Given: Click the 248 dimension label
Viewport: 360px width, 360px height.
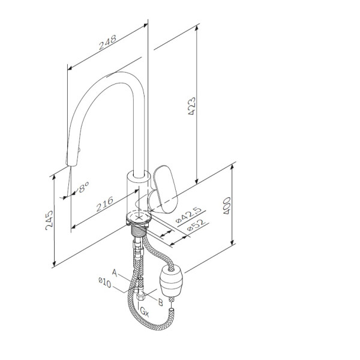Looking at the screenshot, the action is click(107, 43).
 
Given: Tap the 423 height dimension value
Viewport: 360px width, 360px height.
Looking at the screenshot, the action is click(192, 106).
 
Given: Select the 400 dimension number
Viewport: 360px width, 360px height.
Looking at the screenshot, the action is click(227, 205).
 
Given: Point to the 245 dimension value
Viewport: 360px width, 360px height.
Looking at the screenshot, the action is click(49, 220).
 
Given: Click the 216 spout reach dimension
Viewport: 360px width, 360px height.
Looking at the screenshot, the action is click(104, 204).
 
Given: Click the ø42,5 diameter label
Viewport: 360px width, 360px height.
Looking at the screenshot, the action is click(188, 215).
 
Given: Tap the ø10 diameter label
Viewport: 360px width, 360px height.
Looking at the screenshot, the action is click(104, 283).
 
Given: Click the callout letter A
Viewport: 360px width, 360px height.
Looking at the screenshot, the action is click(115, 273).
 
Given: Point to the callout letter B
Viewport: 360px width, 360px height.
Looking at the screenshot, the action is click(160, 302).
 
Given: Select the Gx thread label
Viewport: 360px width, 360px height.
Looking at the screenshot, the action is click(145, 312).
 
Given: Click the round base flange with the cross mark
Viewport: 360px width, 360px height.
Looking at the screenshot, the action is click(139, 217).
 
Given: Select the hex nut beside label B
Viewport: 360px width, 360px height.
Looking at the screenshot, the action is click(140, 295).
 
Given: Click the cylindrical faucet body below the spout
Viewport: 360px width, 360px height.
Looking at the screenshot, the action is click(138, 192).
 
